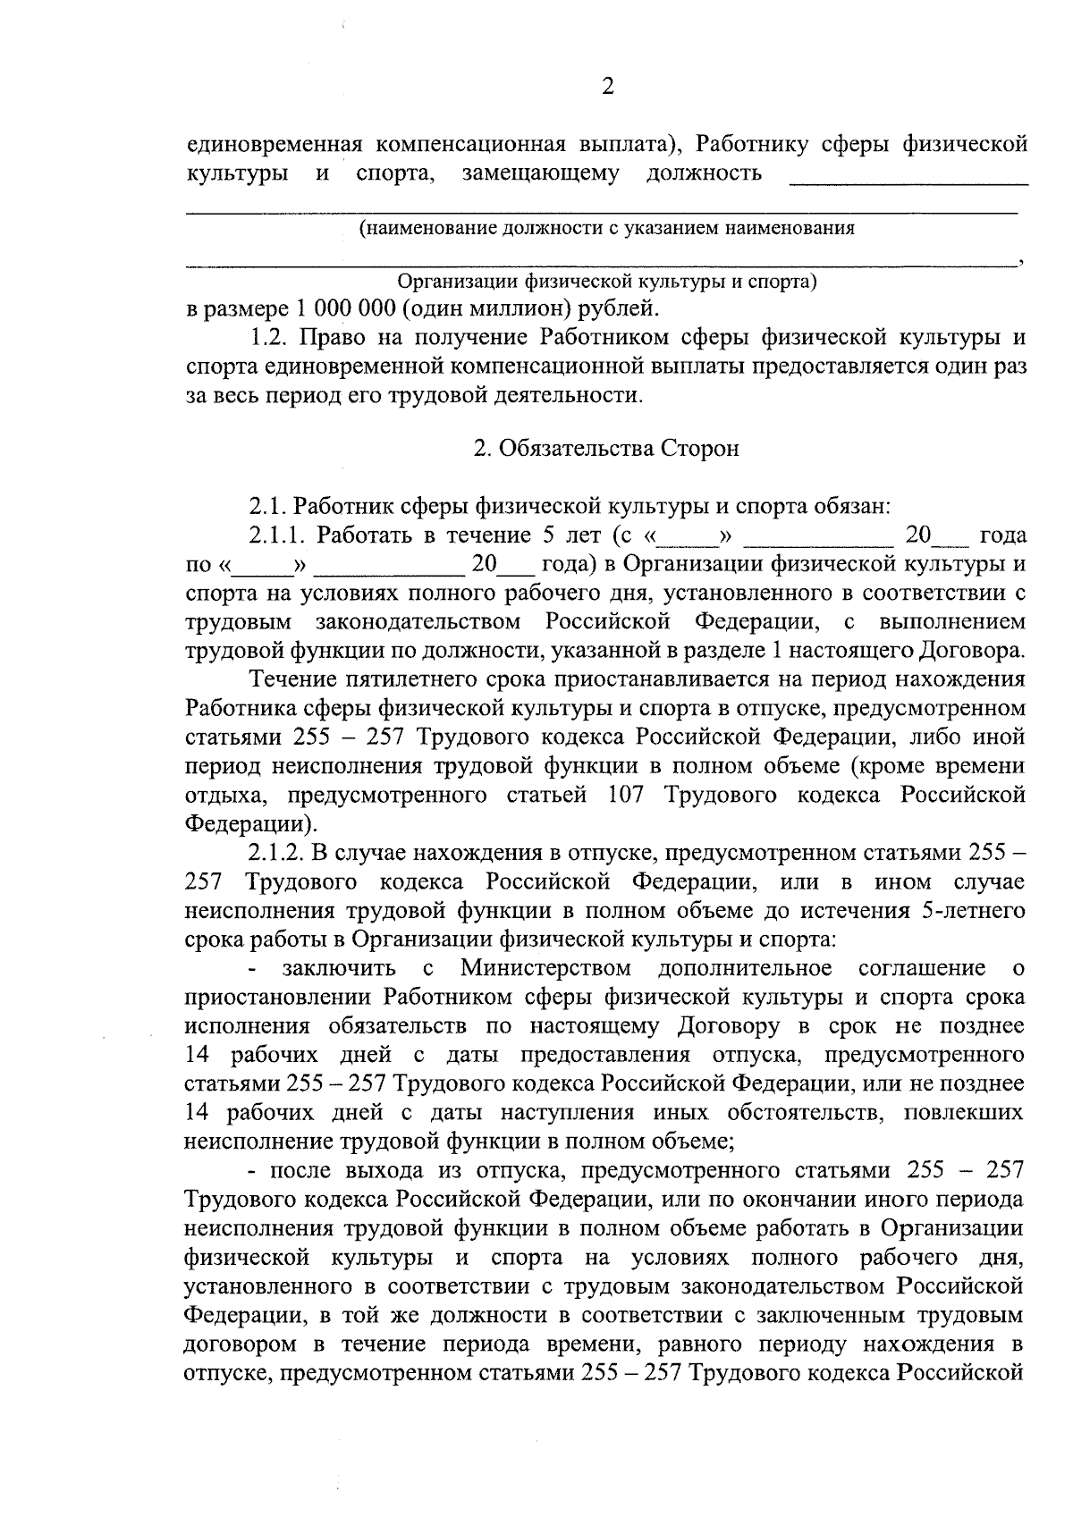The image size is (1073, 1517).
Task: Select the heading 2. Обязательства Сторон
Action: click(606, 449)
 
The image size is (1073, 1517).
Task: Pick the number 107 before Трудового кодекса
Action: click(624, 795)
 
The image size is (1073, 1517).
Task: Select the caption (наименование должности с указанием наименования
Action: click(606, 228)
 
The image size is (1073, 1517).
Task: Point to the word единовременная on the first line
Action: click(273, 144)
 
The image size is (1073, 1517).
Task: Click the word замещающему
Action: click(540, 173)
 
